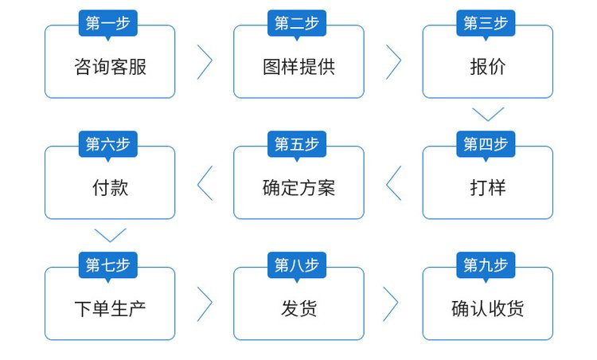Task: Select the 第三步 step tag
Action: (486, 23)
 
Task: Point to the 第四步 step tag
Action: (486, 144)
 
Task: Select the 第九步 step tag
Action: (486, 265)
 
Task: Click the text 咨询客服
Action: (110, 67)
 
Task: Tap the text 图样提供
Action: (298, 67)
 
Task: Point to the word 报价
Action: (487, 67)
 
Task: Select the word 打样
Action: (487, 188)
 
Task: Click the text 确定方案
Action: (298, 188)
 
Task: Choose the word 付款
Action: (110, 188)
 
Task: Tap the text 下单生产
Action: (110, 308)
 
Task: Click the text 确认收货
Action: (487, 308)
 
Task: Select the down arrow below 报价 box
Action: (488, 114)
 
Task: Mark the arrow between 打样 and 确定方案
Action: (393, 183)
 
